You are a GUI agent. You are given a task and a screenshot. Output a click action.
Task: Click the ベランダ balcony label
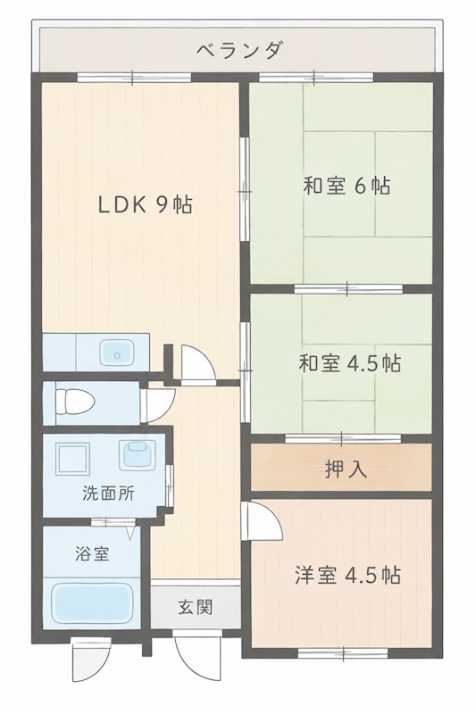pos(240,50)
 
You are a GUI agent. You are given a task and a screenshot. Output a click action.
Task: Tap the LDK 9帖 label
pos(146,205)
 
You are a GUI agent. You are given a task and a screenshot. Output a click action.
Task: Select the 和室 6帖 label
pos(347,186)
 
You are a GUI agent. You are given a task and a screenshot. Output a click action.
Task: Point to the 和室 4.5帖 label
pos(350,363)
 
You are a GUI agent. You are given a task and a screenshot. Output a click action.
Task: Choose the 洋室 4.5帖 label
pos(348,575)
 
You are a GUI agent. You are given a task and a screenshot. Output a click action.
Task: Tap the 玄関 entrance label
pos(196,607)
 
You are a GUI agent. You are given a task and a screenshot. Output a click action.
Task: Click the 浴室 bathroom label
pos(92,553)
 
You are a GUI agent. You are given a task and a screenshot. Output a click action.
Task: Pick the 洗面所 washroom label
pos(108,494)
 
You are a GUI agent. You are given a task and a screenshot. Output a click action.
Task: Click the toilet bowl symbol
pos(74,403)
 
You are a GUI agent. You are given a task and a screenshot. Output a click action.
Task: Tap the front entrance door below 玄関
pos(194,662)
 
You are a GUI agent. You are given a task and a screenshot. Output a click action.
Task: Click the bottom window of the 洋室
pos(343,653)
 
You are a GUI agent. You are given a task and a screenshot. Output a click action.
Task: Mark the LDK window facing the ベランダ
pos(133,78)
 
